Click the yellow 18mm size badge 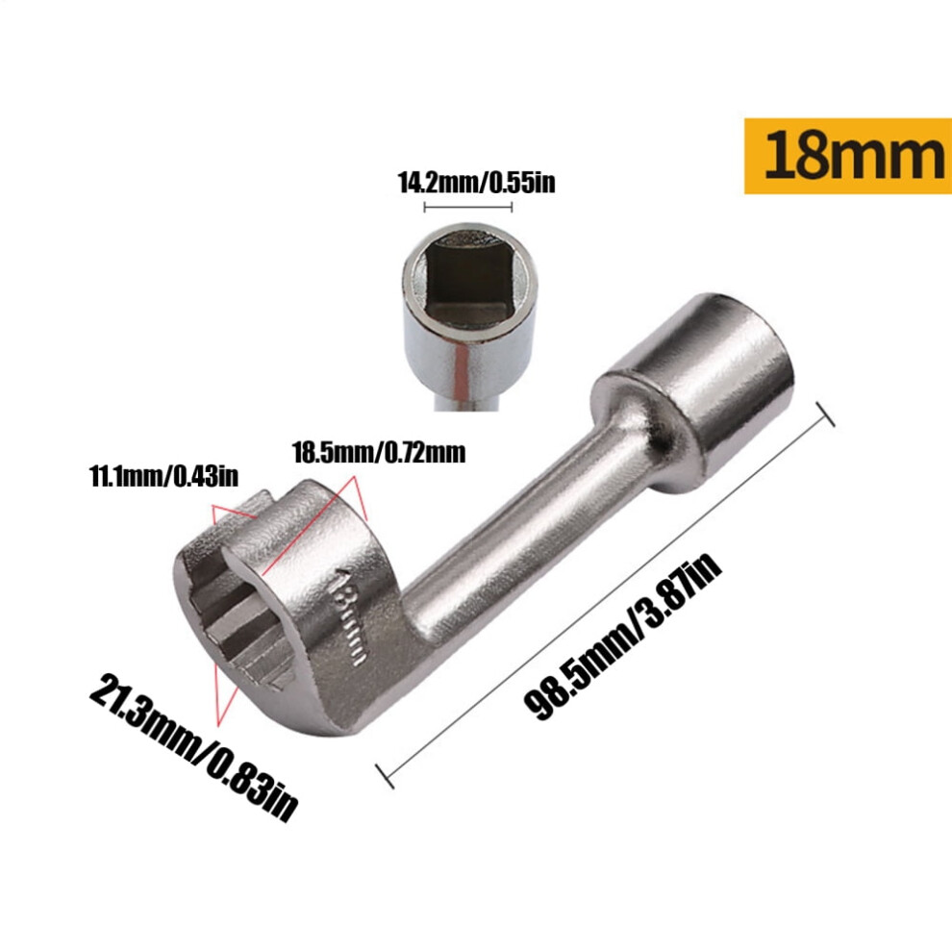848,156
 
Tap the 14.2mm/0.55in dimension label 476,182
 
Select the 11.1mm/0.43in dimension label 163,476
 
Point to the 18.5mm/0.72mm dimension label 379,453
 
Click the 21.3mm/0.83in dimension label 193,747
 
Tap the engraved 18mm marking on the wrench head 351,615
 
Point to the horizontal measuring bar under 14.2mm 467,207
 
